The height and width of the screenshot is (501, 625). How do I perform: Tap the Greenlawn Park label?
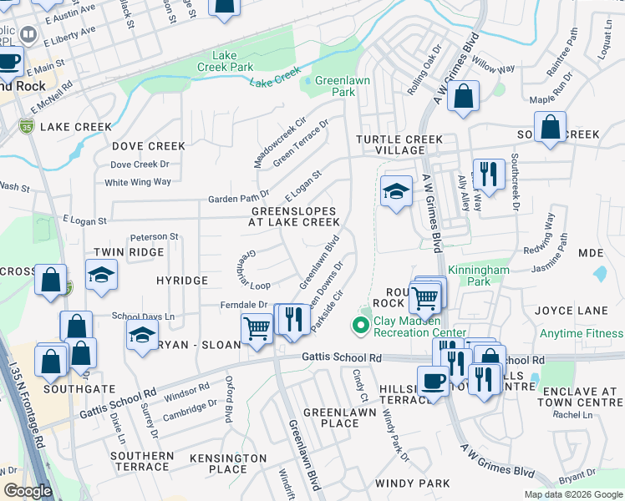(335, 86)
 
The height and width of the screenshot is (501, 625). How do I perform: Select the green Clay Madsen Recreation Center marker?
(362, 325)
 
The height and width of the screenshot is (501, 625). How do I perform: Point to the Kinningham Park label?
(479, 276)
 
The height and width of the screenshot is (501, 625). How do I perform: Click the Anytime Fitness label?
(581, 334)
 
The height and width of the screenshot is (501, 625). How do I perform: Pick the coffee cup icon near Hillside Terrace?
(432, 381)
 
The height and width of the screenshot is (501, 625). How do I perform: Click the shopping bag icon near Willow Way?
(463, 95)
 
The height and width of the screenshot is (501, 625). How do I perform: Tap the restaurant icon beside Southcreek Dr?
(489, 175)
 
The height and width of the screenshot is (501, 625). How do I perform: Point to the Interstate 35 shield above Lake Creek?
(26, 126)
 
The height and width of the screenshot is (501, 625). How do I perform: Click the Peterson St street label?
(155, 237)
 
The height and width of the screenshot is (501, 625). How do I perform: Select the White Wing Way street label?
(137, 182)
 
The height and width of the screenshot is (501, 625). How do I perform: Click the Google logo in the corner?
(28, 491)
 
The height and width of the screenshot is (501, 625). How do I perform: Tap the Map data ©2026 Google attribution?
(572, 494)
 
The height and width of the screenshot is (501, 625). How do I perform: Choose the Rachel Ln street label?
(572, 414)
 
